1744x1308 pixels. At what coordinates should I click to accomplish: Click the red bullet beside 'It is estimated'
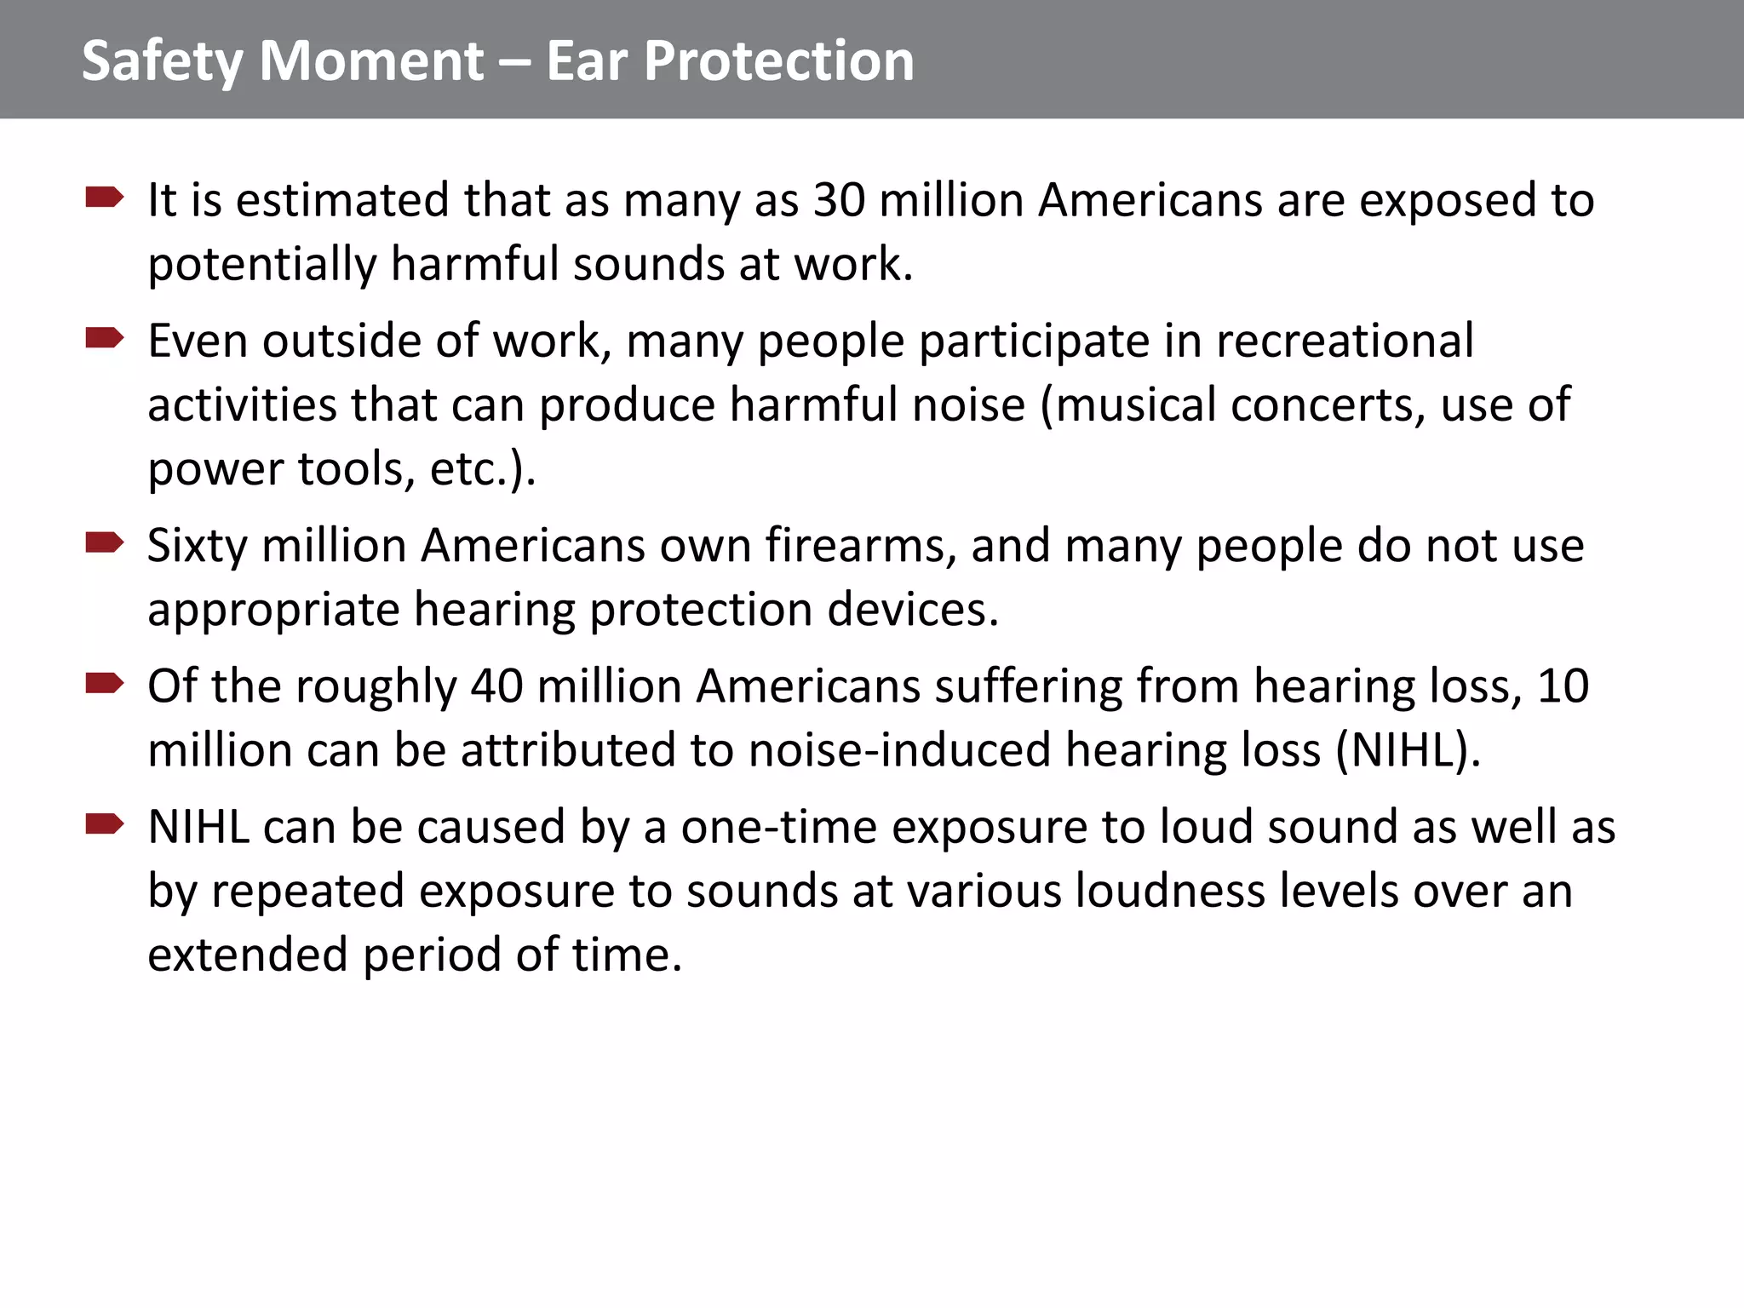coord(105,198)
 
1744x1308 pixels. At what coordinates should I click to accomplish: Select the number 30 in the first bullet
coord(839,200)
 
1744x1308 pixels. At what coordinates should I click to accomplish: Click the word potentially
coord(261,265)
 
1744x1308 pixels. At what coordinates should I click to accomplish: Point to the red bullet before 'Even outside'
coord(105,339)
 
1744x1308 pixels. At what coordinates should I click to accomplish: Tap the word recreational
coord(1345,341)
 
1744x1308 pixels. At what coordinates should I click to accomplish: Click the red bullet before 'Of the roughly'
coord(105,684)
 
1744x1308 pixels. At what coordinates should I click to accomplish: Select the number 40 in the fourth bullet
coord(496,686)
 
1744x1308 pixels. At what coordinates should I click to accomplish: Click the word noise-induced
coord(899,750)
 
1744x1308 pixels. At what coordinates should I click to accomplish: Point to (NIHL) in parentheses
coord(1408,750)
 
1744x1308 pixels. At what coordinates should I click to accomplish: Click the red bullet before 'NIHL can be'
coord(105,824)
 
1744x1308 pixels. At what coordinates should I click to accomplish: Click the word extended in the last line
coord(248,955)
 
